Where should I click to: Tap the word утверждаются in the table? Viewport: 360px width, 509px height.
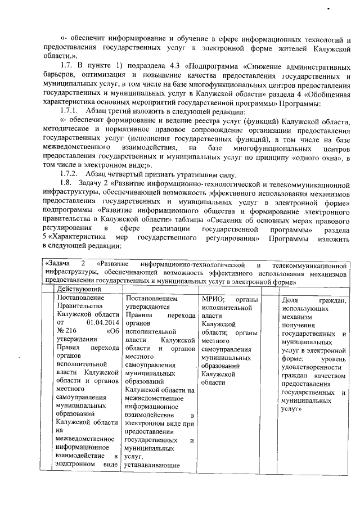147,307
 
